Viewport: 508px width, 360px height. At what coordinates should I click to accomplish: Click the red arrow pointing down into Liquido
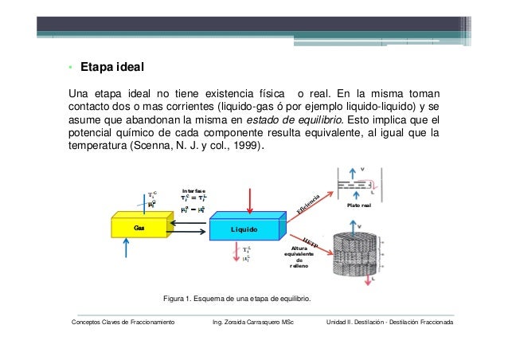(x=250, y=199)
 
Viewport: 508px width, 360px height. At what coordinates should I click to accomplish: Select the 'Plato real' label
(x=359, y=205)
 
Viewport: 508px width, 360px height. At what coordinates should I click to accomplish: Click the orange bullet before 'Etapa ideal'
(x=70, y=66)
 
